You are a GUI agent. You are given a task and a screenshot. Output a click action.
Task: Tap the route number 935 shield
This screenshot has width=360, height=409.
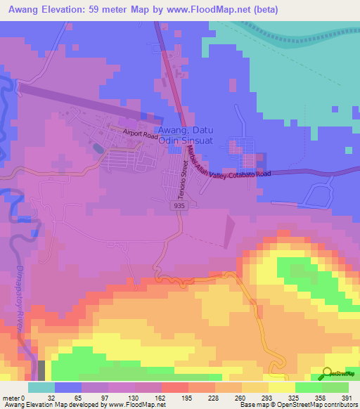pos(179,206)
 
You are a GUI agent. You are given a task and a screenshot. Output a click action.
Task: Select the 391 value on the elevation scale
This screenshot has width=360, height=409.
pos(348,397)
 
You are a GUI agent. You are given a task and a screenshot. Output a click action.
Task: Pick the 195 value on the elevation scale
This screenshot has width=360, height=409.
pos(188,397)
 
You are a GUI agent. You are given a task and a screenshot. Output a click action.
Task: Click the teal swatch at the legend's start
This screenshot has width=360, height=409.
pos(41,387)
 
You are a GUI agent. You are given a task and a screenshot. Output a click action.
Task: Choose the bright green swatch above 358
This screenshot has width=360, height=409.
pos(309,387)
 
